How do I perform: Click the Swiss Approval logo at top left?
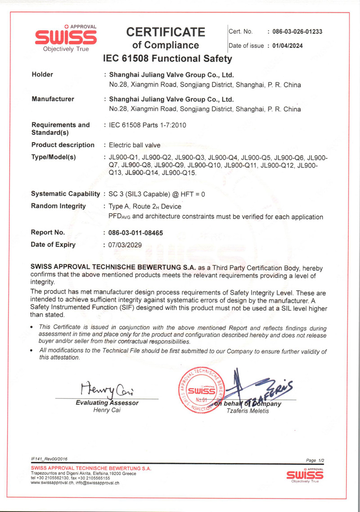[x=66, y=37]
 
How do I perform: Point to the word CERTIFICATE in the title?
[x=166, y=32]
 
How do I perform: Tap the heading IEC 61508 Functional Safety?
[x=167, y=58]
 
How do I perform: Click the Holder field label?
[x=42, y=75]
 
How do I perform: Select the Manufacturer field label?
[x=53, y=99]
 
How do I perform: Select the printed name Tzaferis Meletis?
[x=247, y=411]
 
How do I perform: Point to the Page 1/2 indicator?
[x=315, y=460]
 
